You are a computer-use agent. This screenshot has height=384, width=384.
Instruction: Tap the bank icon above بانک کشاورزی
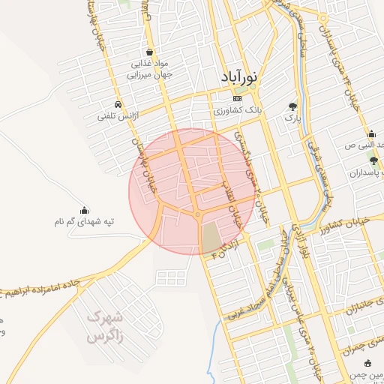[x=238, y=98]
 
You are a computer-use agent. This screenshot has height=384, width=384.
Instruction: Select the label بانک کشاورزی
[x=238, y=110]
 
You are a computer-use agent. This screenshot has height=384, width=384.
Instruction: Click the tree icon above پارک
[x=292, y=106]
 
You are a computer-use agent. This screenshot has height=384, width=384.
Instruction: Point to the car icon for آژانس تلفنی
[x=118, y=105]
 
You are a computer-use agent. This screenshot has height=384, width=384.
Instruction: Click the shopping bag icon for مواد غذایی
[x=151, y=52]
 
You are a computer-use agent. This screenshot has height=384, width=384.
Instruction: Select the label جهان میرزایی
[x=153, y=75]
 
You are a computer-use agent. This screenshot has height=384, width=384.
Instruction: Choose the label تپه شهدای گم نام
[x=83, y=222]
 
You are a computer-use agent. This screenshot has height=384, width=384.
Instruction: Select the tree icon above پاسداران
[x=373, y=160]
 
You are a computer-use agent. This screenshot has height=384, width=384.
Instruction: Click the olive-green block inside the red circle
[x=212, y=238]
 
